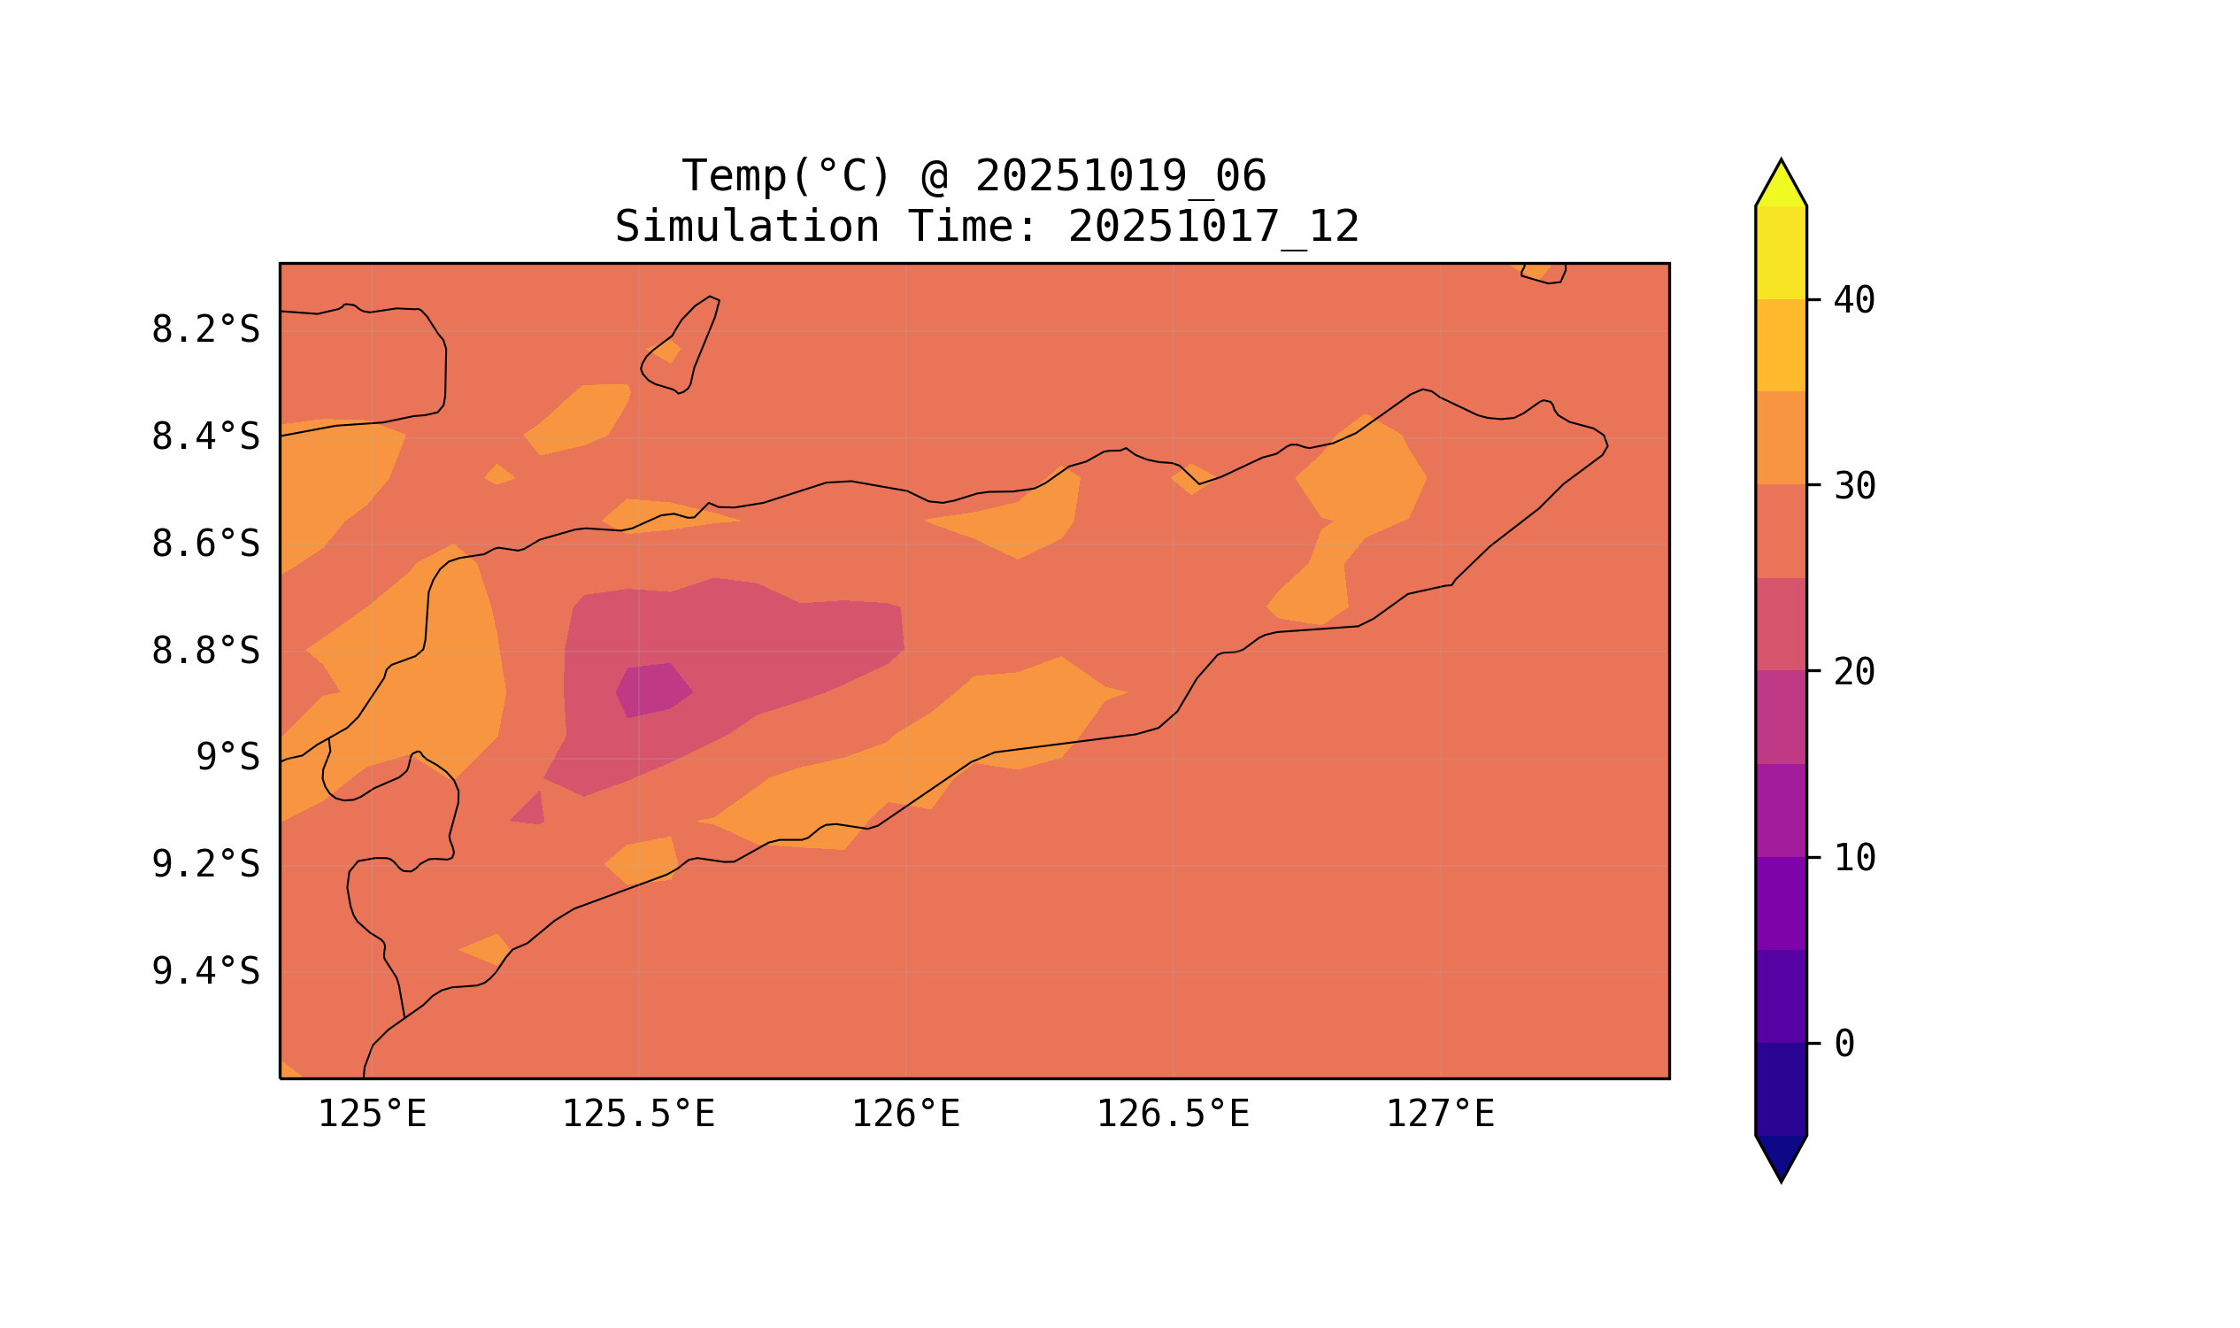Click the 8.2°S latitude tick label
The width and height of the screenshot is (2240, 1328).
(204, 330)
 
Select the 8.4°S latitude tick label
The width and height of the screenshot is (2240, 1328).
(204, 437)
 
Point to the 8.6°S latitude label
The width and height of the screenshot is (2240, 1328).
(204, 544)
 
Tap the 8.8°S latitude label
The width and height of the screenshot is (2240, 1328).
(204, 652)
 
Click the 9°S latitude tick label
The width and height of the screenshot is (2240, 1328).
(227, 758)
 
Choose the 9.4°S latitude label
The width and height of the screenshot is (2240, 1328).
(204, 972)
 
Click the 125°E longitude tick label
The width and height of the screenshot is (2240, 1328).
(372, 1115)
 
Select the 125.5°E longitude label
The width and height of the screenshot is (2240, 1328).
(638, 1115)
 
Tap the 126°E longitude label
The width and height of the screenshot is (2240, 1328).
(905, 1115)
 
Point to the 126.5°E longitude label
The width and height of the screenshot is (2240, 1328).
(1172, 1115)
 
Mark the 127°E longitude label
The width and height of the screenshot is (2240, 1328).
(1439, 1115)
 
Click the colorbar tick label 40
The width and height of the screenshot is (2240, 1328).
(1853, 301)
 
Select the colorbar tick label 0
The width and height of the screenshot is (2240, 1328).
(1844, 1045)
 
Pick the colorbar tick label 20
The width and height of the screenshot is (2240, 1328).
(1853, 672)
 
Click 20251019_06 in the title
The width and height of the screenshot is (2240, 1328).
(1120, 176)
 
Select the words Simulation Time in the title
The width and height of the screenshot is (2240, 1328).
(825, 228)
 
